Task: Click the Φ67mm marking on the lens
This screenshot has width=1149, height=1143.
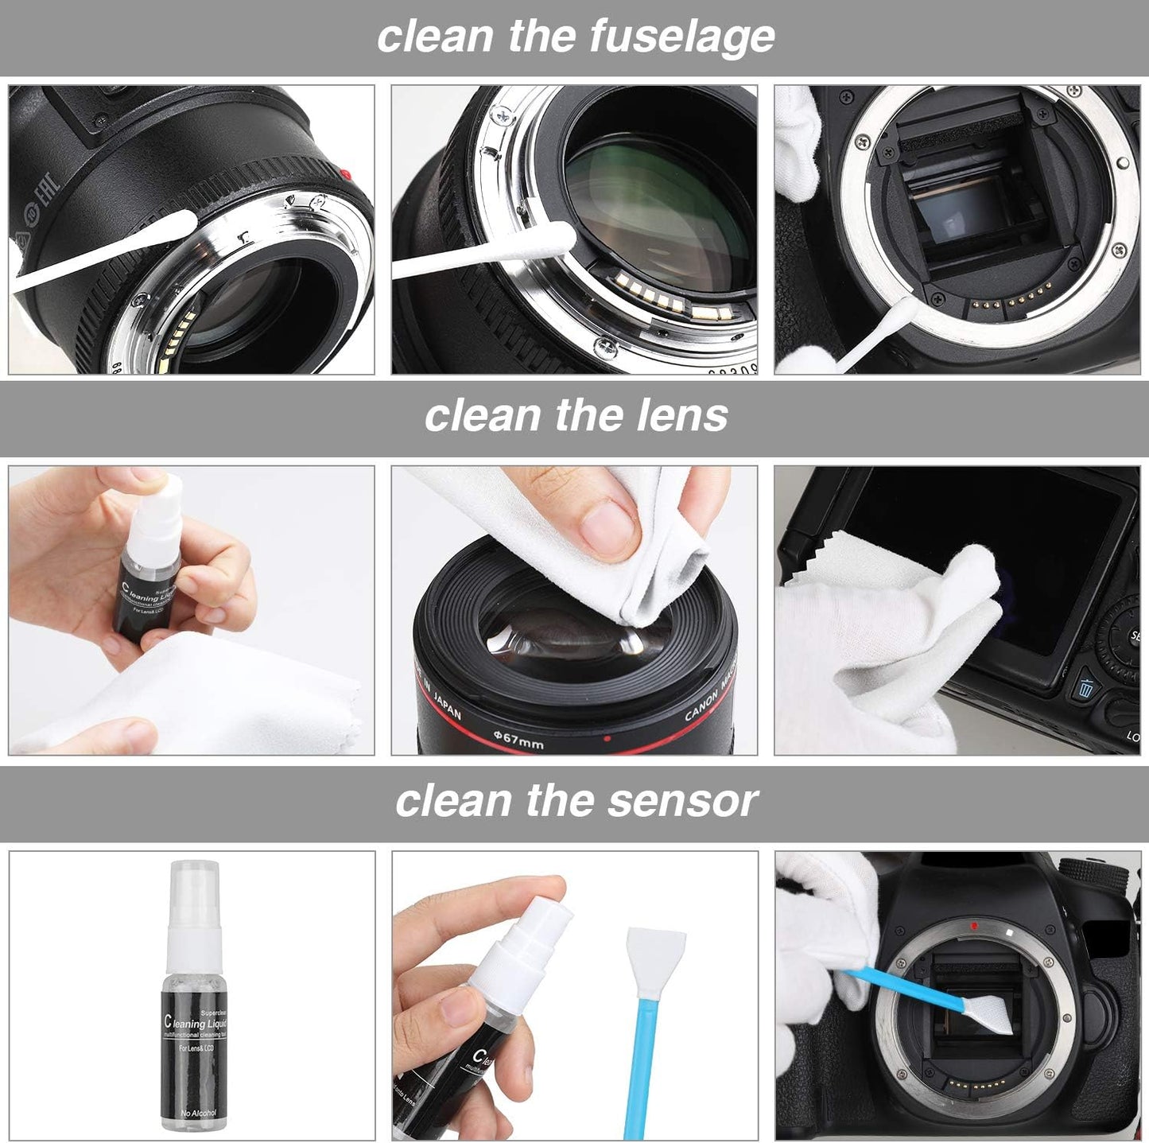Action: (518, 740)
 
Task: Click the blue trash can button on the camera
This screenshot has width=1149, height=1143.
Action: (1085, 689)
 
